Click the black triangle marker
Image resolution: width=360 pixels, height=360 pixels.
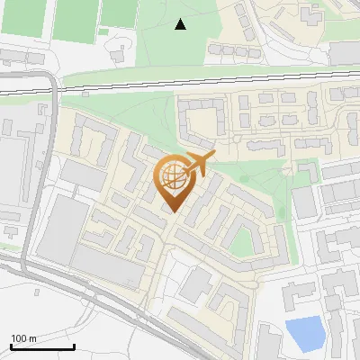[180, 24]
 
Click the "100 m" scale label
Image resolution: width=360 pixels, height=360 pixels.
[23, 338]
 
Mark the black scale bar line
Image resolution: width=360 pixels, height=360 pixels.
[42, 346]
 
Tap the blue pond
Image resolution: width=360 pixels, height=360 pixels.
[305, 334]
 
